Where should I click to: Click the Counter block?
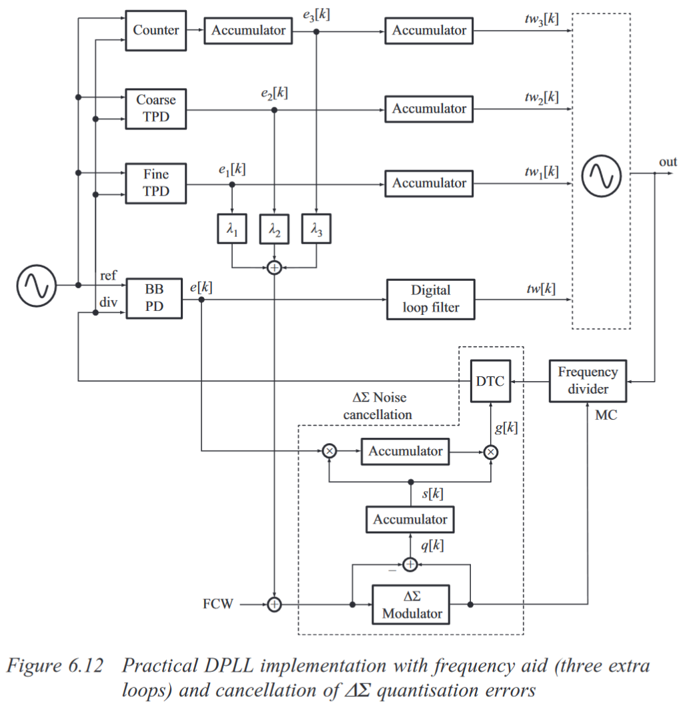(155, 30)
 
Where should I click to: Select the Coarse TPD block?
(155, 109)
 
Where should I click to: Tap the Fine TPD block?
(155, 183)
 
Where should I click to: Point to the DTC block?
(490, 382)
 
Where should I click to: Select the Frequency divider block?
(588, 381)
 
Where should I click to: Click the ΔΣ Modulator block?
(411, 605)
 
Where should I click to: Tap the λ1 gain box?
(232, 230)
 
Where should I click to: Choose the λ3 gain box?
(316, 230)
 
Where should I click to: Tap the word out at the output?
(668, 162)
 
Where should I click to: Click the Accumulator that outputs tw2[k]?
(429, 109)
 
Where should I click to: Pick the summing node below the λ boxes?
(274, 268)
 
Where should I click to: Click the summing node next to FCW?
(274, 605)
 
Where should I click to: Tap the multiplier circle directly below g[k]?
(491, 452)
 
